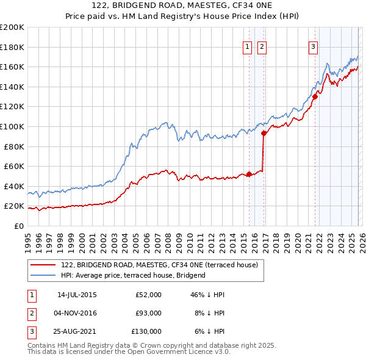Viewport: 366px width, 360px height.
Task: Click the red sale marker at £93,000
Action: tap(264, 133)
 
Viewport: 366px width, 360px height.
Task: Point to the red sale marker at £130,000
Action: tap(315, 96)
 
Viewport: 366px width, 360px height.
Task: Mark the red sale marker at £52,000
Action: tap(249, 174)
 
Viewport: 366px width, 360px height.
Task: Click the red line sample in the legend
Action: tap(43, 265)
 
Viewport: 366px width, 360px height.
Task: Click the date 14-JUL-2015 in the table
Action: tap(77, 295)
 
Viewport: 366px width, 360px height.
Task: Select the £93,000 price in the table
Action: tap(148, 313)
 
